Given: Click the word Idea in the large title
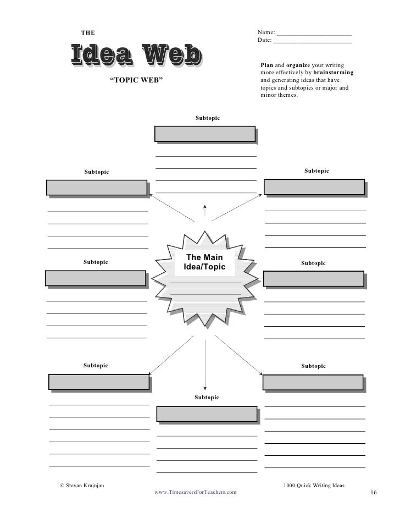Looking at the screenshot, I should coord(101,57).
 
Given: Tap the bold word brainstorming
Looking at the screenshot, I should coord(333,73).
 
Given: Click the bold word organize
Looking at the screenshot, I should coord(298,66).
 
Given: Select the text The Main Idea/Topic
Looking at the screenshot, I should coord(204,262).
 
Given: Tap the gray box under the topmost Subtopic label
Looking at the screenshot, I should coord(205,134).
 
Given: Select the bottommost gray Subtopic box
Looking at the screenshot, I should coord(207,414).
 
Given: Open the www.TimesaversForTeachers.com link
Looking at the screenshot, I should coord(196,492).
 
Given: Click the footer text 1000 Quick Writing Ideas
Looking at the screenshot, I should coord(313,485).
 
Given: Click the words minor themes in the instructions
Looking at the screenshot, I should coord(279,95).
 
